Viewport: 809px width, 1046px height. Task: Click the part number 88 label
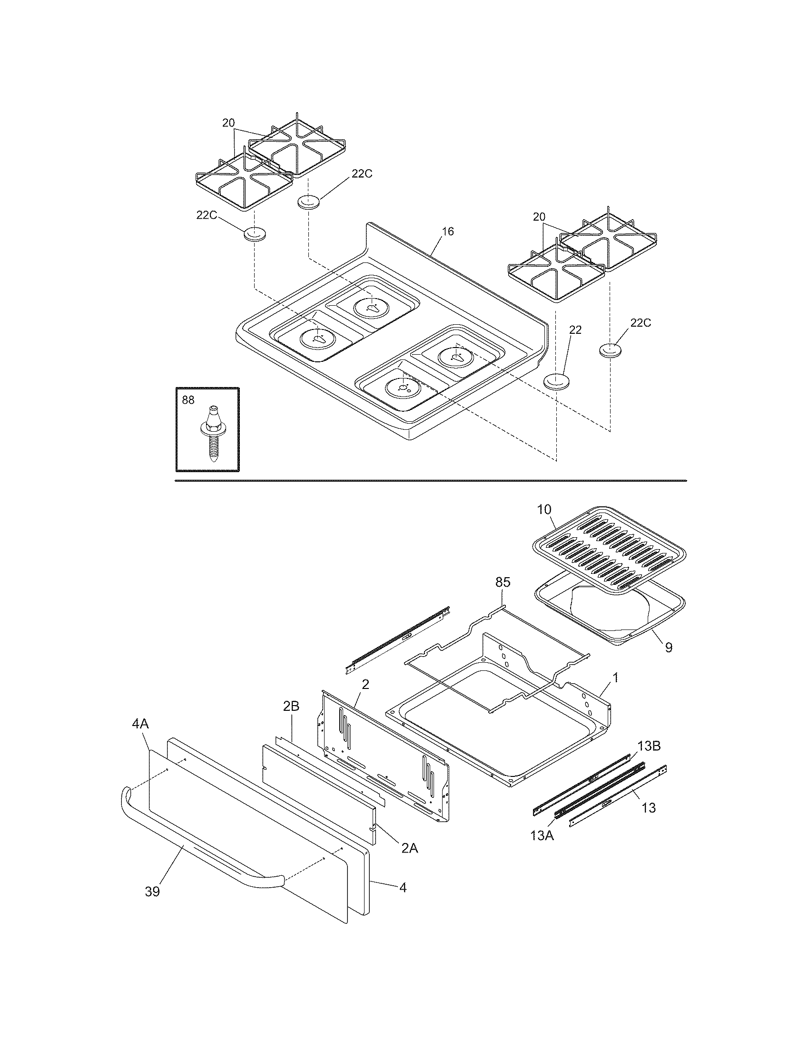click(x=188, y=399)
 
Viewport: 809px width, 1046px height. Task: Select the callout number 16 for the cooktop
click(x=447, y=232)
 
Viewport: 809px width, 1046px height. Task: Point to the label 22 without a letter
click(x=575, y=330)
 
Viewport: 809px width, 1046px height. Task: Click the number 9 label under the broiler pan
click(x=668, y=648)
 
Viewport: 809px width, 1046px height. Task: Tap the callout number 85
click(x=503, y=582)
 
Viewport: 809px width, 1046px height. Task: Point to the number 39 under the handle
click(x=152, y=892)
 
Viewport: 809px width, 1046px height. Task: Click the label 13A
click(x=542, y=835)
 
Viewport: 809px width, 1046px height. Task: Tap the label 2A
click(x=410, y=848)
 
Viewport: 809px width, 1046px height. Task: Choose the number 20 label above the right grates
click(x=539, y=216)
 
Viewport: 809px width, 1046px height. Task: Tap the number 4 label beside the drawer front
click(x=403, y=888)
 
